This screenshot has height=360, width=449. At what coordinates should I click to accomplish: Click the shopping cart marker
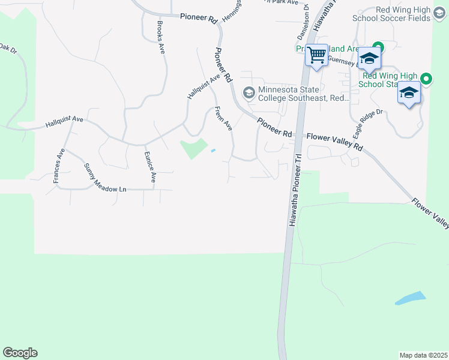point(316,56)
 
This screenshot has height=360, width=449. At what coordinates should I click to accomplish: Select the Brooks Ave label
point(160,38)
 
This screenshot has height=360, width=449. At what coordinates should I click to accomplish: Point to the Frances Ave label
point(58,166)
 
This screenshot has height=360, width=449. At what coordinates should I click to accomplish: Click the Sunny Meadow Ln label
point(105,178)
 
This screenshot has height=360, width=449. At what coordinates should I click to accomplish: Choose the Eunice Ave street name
point(149,167)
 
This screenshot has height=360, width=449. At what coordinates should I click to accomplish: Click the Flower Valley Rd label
point(335,142)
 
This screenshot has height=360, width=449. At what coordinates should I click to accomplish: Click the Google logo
point(20,352)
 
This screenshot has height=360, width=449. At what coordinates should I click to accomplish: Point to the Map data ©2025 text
point(424,355)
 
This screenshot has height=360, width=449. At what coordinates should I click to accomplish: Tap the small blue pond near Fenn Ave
point(213,151)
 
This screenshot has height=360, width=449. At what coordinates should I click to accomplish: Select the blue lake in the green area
point(411,298)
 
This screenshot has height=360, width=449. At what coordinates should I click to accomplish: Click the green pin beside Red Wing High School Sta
point(426,79)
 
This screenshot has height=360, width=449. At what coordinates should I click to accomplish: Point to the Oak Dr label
point(8,47)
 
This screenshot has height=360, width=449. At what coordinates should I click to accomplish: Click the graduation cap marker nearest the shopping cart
point(370,59)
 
